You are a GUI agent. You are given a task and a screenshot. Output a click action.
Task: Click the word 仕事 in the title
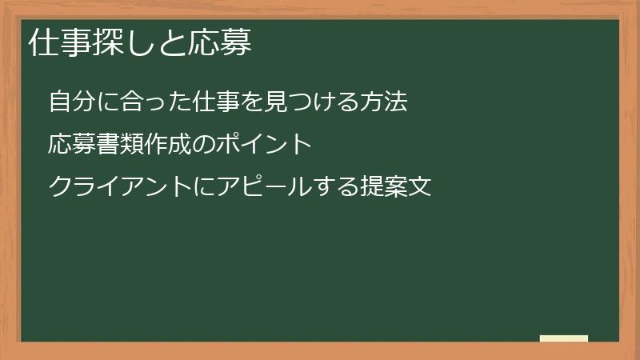pyautogui.click(x=59, y=44)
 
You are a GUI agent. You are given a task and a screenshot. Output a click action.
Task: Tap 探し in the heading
pyautogui.click(x=123, y=44)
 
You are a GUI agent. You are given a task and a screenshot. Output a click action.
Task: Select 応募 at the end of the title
pyautogui.click(x=220, y=44)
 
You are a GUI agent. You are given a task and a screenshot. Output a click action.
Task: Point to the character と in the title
pyautogui.click(x=172, y=44)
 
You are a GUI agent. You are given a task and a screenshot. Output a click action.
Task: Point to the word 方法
pyautogui.click(x=386, y=102)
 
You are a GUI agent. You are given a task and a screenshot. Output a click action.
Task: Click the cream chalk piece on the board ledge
pyautogui.click(x=564, y=338)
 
